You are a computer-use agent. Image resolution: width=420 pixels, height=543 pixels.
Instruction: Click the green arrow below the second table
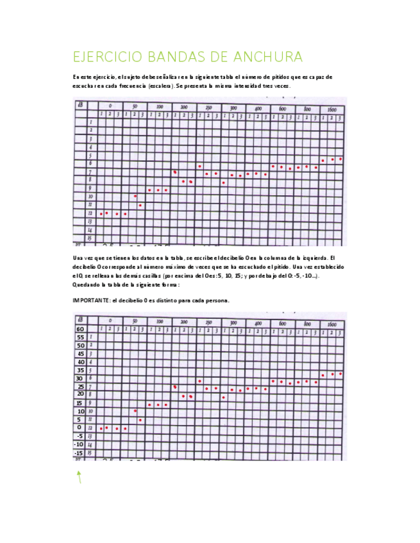coord(79,476)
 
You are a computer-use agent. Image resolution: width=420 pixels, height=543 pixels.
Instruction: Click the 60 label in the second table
coord(80,328)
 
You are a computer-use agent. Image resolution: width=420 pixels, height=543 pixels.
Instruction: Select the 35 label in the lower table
coord(80,369)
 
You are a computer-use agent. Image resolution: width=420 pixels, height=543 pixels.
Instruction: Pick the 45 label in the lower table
coord(80,353)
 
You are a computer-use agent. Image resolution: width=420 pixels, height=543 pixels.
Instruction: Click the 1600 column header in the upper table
coord(332,110)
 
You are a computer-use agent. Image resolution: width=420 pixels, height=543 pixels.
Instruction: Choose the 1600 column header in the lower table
coord(332,325)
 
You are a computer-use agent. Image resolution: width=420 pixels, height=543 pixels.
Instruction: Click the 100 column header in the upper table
coord(158,107)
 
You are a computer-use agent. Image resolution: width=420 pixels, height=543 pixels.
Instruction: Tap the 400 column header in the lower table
coord(257,323)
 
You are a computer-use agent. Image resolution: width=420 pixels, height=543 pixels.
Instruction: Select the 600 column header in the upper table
coord(282,109)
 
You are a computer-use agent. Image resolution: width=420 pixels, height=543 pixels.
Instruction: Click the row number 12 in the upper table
coord(90,213)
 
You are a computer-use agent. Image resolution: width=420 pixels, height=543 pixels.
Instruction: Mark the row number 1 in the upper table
coord(91,122)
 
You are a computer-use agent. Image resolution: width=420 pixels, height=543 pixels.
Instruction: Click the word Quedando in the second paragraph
coord(87,284)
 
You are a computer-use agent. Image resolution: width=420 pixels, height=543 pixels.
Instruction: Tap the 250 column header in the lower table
coord(208,323)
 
